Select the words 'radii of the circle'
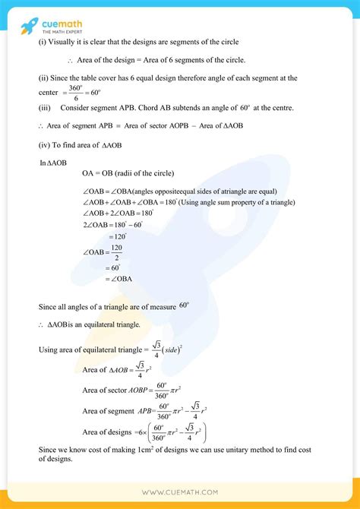[157, 175]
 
